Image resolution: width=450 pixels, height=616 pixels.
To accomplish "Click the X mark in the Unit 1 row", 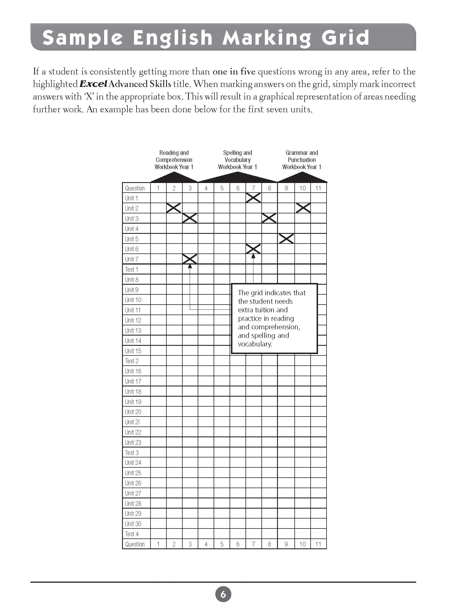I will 253,198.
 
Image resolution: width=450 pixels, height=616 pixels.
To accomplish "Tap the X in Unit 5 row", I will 286,239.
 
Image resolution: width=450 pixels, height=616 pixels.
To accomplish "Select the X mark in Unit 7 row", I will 190,259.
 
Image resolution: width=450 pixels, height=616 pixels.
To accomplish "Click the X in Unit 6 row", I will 253,249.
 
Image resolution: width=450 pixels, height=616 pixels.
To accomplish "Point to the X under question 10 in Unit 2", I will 303,208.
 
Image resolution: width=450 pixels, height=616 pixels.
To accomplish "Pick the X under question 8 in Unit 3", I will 269,218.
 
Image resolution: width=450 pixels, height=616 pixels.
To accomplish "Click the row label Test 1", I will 131,269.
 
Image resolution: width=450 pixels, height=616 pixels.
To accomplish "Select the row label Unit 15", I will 133,351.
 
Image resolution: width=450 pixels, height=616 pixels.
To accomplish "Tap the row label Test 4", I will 132,534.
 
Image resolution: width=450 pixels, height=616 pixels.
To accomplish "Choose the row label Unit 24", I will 133,463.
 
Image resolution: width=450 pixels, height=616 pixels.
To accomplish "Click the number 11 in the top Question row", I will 318,188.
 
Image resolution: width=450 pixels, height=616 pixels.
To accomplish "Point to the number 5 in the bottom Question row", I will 222,544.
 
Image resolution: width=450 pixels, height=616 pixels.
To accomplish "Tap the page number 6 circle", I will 223,594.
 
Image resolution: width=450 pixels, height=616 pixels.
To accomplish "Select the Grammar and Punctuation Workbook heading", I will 302,160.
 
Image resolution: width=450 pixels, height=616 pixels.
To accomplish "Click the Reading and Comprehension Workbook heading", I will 174,160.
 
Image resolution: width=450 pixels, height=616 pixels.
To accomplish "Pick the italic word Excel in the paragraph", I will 93,84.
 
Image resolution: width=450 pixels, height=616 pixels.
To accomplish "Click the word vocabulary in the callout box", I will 255,344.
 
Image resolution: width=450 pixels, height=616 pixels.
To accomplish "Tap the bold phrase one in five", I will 234,72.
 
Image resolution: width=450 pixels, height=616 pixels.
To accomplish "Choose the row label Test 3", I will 132,453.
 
